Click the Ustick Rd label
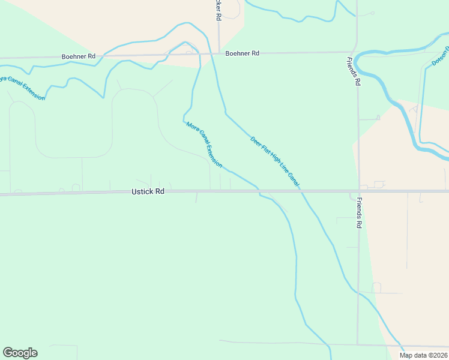point(148,192)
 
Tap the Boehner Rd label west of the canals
point(79,56)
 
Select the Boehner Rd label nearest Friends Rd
point(243,53)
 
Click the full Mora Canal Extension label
point(204,145)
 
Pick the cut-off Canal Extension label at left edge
point(22,88)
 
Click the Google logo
point(20,353)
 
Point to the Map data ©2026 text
point(423,355)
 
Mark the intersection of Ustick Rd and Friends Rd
point(358,191)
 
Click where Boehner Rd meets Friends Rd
point(357,53)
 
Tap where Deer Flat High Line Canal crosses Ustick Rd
point(300,191)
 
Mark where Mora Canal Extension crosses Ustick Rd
point(259,191)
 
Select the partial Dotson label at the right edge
point(439,53)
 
